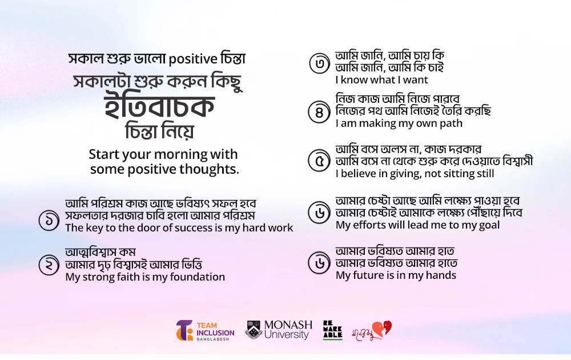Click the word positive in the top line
coord(193,59)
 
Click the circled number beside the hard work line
coord(49,221)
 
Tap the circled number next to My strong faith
coord(49,265)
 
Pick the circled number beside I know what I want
coord(320,63)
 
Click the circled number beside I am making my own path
coord(319,112)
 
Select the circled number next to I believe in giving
coord(319,161)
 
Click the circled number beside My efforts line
coord(319,213)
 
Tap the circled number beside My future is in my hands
coord(319,263)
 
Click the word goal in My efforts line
coord(489,226)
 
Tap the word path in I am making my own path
coord(451,123)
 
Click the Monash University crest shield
coord(254,329)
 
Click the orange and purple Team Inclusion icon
coord(184,330)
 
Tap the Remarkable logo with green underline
coord(332,330)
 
